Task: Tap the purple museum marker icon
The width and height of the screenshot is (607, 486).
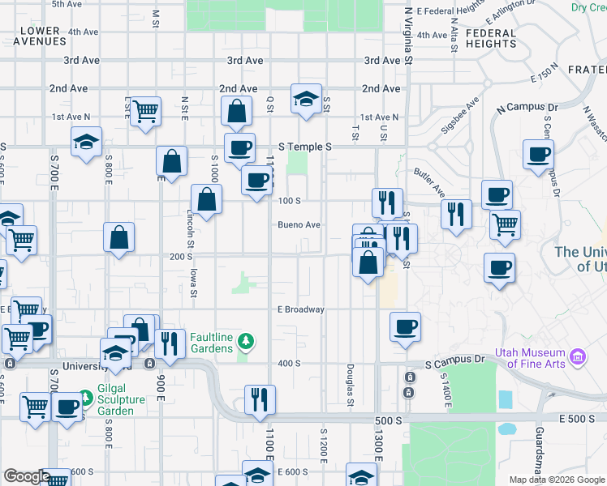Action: [x=577, y=355]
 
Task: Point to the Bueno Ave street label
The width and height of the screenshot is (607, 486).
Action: [x=299, y=225]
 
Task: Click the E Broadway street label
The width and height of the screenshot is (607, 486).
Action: [x=300, y=309]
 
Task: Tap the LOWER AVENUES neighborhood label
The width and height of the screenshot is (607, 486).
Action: [x=37, y=36]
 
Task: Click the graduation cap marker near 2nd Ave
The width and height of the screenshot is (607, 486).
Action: [x=306, y=100]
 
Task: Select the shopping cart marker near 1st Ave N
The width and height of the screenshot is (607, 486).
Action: [x=145, y=110]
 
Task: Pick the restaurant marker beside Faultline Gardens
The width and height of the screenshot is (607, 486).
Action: [x=169, y=343]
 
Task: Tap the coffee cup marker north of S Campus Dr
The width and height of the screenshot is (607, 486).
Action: [x=405, y=327]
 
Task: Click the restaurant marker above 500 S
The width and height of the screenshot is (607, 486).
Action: [x=260, y=399]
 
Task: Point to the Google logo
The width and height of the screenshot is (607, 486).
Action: [x=26, y=476]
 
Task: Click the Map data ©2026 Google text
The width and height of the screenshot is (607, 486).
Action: [x=557, y=480]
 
